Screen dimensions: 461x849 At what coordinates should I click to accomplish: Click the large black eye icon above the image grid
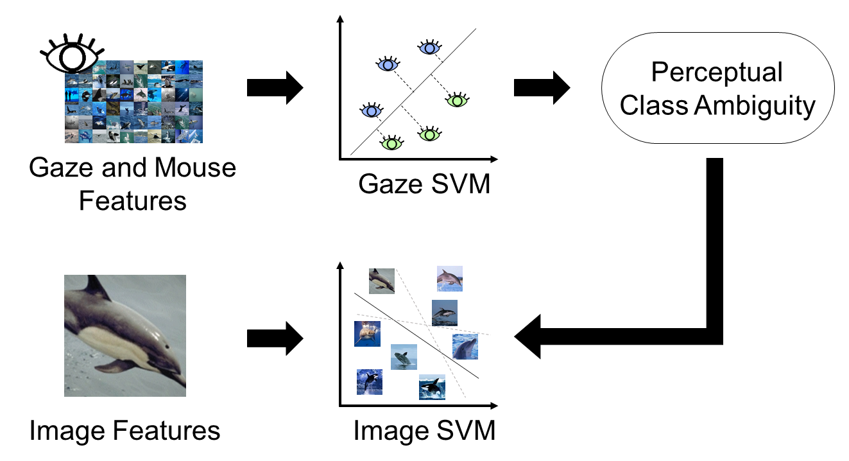coord(69,54)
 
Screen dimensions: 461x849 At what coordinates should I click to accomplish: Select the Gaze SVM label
coord(424,185)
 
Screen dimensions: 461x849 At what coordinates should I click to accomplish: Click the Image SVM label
coord(424,430)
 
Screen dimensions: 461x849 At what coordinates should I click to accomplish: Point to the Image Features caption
coord(124,430)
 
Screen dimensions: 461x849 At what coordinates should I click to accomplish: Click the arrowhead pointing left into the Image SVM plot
coord(529,336)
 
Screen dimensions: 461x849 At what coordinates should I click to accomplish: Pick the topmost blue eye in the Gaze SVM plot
coord(429,47)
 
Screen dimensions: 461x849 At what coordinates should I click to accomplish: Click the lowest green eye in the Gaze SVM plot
coord(391,143)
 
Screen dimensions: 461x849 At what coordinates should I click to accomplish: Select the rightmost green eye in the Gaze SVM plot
coord(456,100)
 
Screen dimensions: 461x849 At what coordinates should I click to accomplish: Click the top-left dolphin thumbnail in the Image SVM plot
coord(381,281)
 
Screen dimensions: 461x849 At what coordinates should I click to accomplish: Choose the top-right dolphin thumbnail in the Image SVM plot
coord(449,279)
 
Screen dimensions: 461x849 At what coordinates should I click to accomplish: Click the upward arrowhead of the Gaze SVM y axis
coord(339,19)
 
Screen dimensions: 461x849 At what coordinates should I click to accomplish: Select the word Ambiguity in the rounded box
coord(753,105)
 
